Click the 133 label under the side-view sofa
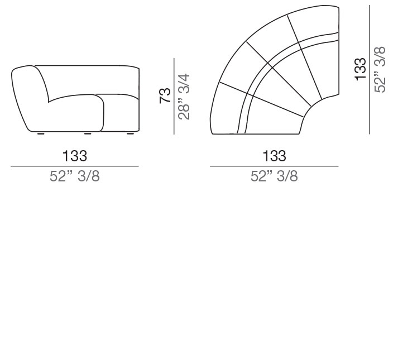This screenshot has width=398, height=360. [x=74, y=156]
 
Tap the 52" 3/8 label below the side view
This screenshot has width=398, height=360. [x=74, y=177]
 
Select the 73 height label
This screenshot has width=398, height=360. [x=165, y=95]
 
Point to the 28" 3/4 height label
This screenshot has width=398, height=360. [x=184, y=96]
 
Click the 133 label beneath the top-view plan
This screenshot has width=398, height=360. [x=274, y=156]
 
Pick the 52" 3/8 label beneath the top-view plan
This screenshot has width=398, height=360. [x=274, y=177]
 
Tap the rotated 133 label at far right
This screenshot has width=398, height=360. [x=361, y=69]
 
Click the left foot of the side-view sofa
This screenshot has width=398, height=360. [x=41, y=134]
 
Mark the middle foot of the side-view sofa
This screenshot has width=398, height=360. [x=87, y=134]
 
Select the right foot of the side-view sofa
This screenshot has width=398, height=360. [x=131, y=134]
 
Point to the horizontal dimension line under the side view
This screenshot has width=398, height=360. [x=74, y=166]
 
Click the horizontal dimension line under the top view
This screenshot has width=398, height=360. [x=274, y=166]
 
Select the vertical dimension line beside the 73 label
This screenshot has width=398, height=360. [x=175, y=96]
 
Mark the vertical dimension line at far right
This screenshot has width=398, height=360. [x=370, y=69]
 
